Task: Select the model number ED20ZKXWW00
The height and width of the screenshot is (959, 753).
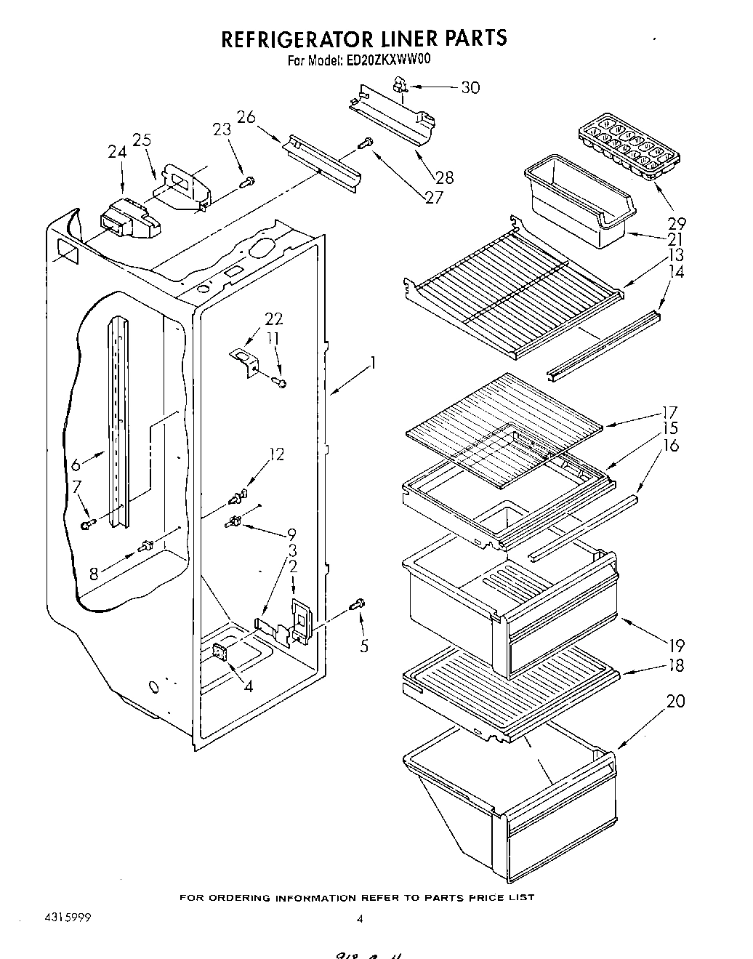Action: (x=388, y=61)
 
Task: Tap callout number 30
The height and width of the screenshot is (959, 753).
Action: (x=470, y=87)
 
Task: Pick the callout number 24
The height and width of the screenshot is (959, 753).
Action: (x=116, y=152)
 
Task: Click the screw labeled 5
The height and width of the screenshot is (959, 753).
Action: (x=358, y=603)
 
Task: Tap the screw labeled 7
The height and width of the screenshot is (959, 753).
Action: (x=89, y=523)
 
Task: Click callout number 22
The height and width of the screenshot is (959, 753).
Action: (x=274, y=319)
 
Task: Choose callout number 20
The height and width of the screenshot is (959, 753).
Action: (x=675, y=701)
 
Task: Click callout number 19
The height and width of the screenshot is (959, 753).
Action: (x=676, y=644)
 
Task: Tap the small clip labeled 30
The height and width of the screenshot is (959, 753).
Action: (x=400, y=87)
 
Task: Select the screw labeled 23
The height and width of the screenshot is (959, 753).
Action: (x=249, y=181)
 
